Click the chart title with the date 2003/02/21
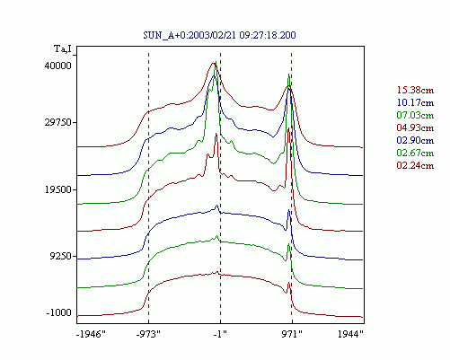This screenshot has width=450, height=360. (x=219, y=35)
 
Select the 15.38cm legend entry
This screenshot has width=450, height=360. (x=415, y=90)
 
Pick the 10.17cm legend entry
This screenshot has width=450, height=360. (x=415, y=102)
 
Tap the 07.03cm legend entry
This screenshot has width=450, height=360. (x=415, y=115)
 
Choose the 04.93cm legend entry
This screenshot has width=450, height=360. (x=415, y=127)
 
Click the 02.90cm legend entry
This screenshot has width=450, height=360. (x=415, y=140)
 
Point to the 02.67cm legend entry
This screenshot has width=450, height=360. (x=415, y=153)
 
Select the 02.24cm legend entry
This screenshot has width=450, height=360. (x=415, y=165)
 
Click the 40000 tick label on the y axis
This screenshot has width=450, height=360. (x=58, y=66)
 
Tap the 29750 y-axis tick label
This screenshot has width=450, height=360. (x=58, y=122)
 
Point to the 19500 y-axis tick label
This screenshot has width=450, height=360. (x=58, y=189)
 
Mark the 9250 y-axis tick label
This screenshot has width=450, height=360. (x=60, y=256)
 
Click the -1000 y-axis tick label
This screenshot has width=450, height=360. (x=58, y=312)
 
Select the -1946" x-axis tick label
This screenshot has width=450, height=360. (x=91, y=334)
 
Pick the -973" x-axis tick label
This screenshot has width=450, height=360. (x=148, y=334)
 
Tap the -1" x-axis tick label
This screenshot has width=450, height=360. (x=220, y=334)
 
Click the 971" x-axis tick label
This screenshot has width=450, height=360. (x=292, y=334)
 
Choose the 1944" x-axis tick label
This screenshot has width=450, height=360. (x=350, y=334)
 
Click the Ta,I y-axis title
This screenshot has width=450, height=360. (x=63, y=48)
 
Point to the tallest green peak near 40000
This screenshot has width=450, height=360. (x=216, y=62)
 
